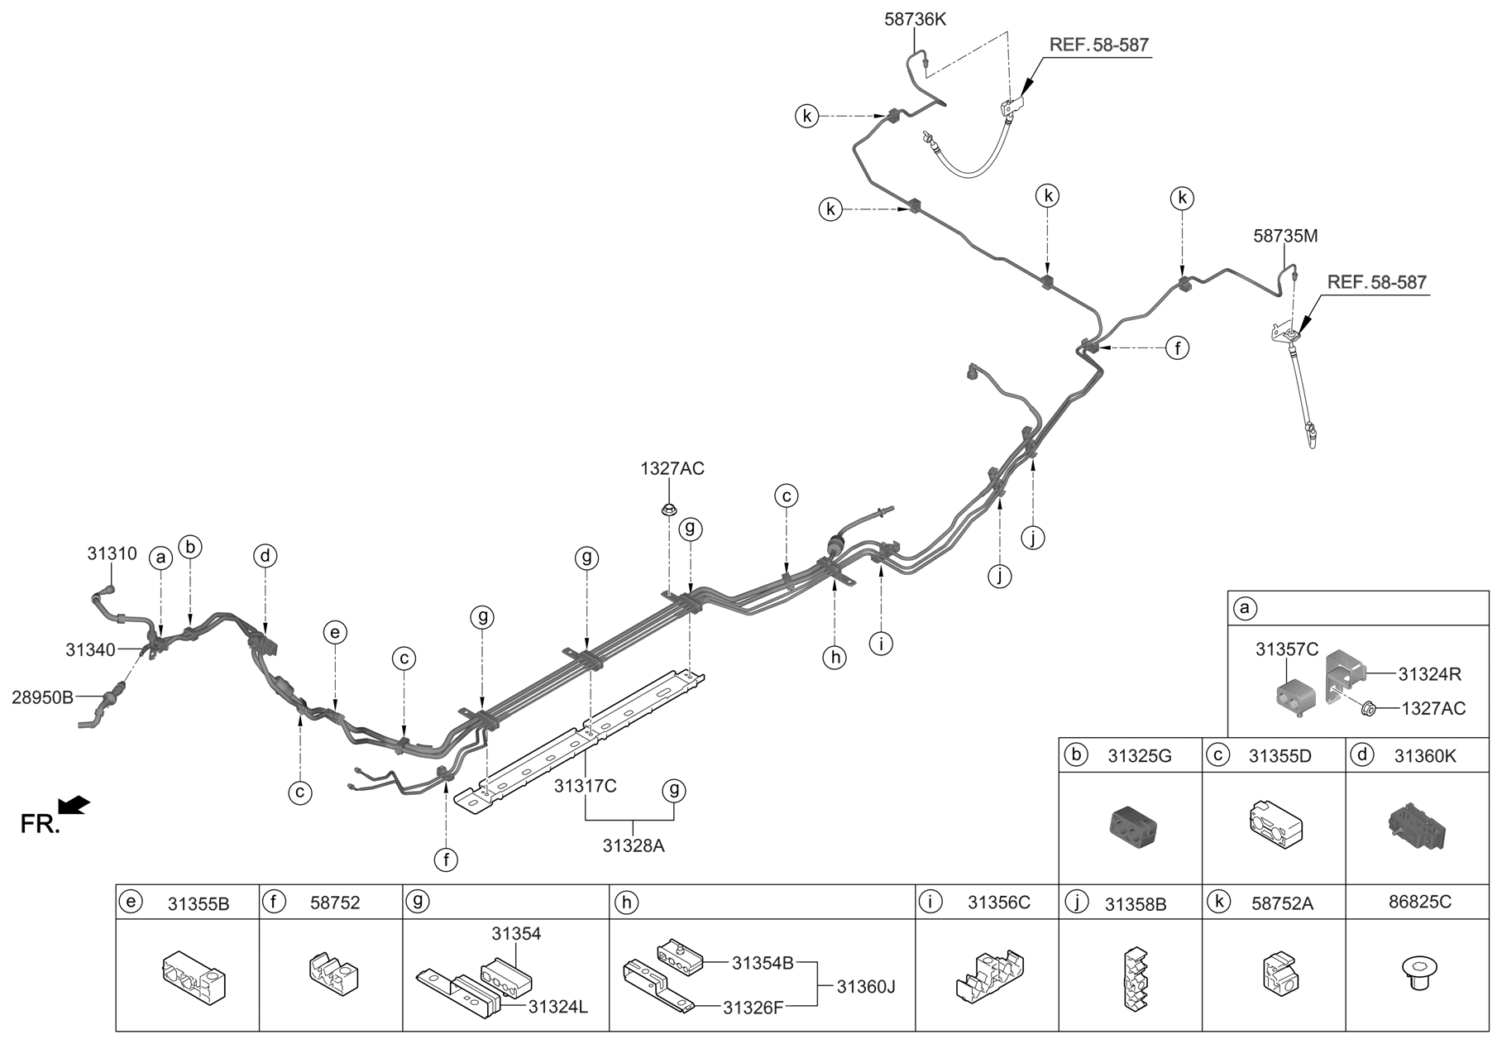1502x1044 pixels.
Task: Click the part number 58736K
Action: point(915,18)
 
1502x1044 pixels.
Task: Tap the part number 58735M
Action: point(1285,236)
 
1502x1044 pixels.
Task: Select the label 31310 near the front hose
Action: point(112,553)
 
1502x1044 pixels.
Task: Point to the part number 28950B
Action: point(42,697)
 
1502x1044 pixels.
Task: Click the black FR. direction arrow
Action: point(74,804)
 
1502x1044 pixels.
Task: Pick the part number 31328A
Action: point(634,845)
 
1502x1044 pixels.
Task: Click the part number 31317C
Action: point(586,786)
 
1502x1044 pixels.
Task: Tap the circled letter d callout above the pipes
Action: point(265,556)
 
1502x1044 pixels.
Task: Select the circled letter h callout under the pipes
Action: point(835,657)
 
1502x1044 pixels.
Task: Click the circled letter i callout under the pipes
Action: point(882,643)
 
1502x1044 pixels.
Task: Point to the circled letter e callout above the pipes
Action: point(334,633)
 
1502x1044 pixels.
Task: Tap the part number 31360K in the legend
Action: point(1425,755)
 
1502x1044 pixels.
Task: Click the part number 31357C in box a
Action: point(1287,649)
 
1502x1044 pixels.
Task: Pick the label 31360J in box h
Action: point(866,986)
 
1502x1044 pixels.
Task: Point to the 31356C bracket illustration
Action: point(989,977)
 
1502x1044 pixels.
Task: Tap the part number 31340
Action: point(90,650)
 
